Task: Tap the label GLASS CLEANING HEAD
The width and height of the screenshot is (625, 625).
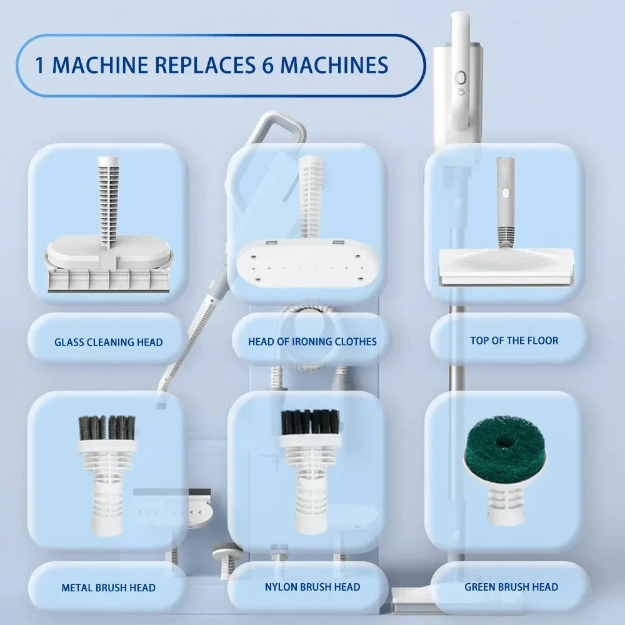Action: coord(108,342)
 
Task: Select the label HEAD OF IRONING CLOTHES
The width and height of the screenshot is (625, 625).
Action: coord(312,341)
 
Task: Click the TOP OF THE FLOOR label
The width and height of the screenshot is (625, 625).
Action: coord(514,341)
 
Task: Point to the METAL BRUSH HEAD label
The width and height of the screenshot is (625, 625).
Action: coord(108,587)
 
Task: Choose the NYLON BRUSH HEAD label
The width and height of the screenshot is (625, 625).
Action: coord(312,587)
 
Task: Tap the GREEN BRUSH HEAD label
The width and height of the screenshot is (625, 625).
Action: coord(511,587)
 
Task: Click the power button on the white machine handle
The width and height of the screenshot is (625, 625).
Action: coord(462,77)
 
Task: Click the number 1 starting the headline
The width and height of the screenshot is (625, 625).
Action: coord(39,65)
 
